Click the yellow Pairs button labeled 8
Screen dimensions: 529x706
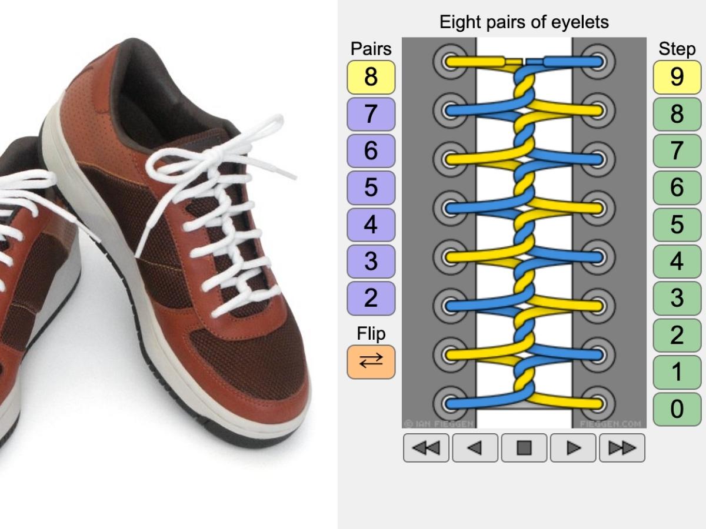371,77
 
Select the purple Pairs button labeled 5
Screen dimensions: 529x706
371,188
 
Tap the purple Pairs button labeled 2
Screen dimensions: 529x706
371,298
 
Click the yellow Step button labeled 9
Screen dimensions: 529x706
677,77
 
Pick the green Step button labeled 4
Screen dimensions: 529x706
677,262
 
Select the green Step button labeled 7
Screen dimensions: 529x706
677,151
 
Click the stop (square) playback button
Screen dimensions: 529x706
524,448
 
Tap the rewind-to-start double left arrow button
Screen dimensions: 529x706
426,448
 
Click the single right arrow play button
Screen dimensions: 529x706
572,448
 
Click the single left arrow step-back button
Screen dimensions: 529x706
475,448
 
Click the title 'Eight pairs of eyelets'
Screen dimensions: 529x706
524,23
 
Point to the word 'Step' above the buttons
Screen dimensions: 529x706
677,49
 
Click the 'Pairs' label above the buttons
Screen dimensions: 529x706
371,48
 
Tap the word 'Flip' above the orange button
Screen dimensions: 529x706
371,334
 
